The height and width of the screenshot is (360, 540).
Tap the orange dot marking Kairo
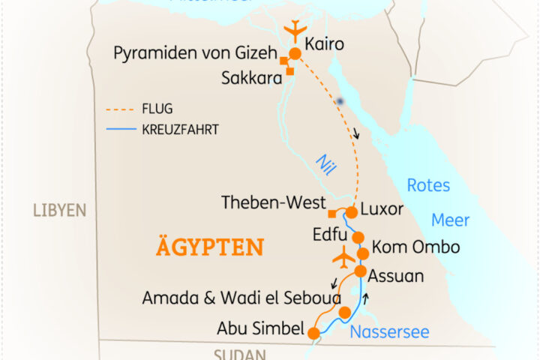295,53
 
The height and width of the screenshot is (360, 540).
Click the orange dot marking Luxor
351,212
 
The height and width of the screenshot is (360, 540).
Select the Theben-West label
274,203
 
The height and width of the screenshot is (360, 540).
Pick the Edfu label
329,235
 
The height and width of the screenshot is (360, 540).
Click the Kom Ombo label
415,247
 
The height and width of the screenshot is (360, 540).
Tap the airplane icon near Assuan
342,255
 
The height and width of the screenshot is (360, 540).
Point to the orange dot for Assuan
360,271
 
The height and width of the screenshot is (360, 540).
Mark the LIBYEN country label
60,211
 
